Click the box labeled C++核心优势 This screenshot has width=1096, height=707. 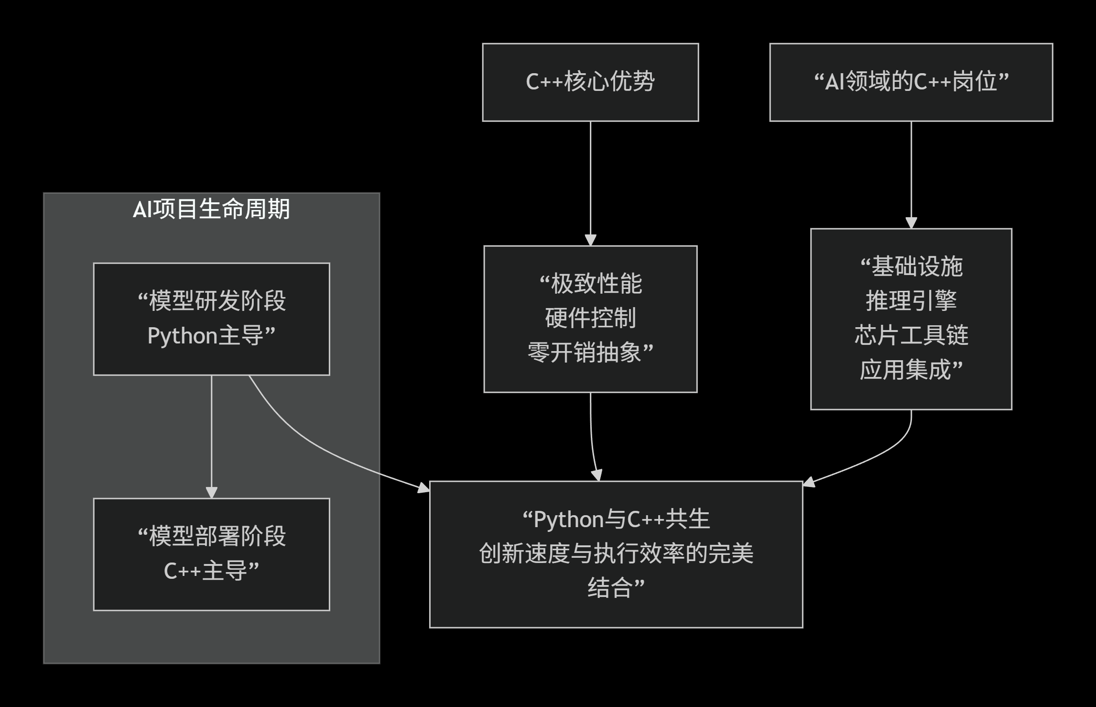pos(590,82)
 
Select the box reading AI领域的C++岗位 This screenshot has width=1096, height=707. pos(911,82)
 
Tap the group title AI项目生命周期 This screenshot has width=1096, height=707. pos(211,210)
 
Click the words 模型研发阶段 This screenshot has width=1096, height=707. pos(217,301)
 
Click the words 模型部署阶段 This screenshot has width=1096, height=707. pos(217,537)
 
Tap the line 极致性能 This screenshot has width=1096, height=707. pos(596,284)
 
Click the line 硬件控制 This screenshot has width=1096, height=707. pos(590,319)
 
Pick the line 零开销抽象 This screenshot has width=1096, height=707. pos(584,353)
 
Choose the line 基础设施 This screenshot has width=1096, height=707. pos(917,267)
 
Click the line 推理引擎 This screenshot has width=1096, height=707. pos(911,301)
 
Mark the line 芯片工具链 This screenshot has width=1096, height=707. pos(911,336)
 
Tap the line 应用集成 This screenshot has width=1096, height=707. pos(905,370)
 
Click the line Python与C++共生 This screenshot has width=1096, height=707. pos(621,519)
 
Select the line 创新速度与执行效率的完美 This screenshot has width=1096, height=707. pos(616,554)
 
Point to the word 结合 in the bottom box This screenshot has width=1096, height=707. pos(610,588)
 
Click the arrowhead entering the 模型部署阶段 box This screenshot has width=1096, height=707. pos(211,493)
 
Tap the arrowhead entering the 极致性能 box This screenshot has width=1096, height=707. pos(590,240)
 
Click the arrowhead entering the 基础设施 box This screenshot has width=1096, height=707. pos(911,223)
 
